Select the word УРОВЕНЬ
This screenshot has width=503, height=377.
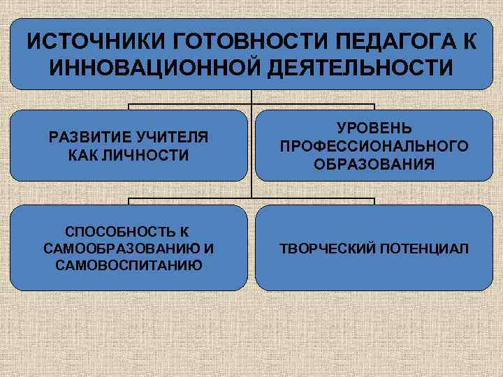[374, 129]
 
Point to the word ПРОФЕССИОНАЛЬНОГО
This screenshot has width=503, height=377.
[374, 147]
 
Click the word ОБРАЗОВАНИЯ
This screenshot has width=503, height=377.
[374, 164]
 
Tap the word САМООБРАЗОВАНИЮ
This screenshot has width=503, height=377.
[121, 249]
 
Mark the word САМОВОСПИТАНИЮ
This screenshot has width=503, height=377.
[129, 265]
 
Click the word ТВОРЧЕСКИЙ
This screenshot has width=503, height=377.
[327, 249]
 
